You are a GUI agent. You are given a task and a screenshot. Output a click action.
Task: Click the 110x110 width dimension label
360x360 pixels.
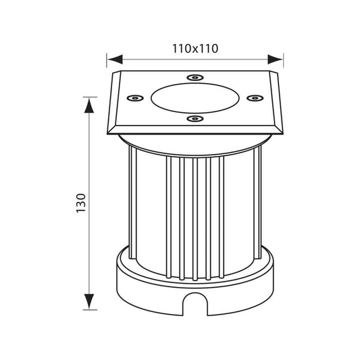click(195, 49)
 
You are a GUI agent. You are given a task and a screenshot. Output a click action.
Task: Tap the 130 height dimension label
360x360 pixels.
click(81, 203)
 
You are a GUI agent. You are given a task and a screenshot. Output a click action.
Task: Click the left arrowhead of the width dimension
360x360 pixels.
click(115, 59)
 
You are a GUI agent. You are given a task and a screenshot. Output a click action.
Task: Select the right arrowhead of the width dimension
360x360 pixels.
click(275, 59)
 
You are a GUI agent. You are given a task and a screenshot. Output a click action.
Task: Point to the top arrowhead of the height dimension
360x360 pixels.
click(89, 105)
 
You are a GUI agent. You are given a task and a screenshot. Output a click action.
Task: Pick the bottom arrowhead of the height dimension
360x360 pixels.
click(89, 301)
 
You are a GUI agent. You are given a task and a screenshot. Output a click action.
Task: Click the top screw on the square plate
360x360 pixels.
click(195, 78)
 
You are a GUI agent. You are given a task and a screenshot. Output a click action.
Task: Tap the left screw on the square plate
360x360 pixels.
click(135, 98)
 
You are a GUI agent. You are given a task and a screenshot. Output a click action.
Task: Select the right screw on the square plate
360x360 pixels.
click(255, 98)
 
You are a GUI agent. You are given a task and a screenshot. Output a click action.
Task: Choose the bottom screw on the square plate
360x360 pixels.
click(195, 119)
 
